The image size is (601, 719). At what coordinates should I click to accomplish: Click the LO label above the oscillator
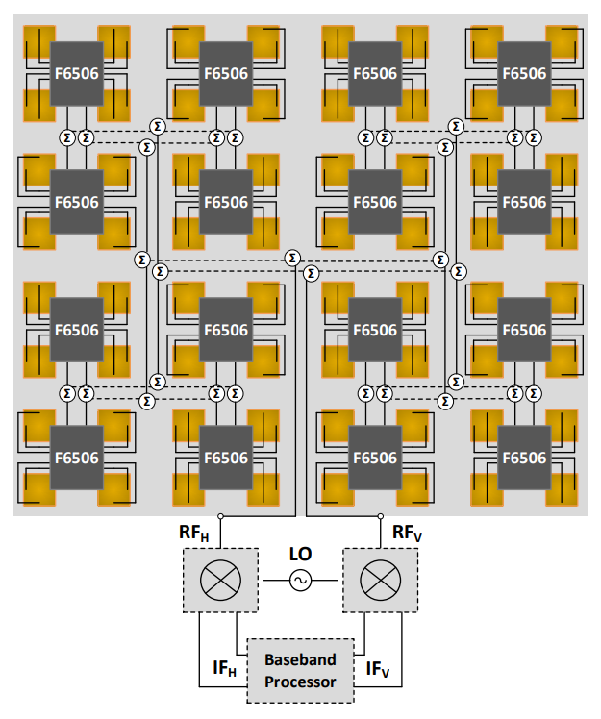coord(300,556)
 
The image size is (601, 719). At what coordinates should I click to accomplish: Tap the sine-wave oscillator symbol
coord(300,581)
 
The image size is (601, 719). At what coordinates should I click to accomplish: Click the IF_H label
coord(224,665)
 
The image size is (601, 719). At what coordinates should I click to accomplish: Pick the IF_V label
coord(377,665)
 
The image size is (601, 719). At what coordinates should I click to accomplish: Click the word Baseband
coord(301,659)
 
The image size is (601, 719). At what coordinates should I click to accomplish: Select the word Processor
coord(301,682)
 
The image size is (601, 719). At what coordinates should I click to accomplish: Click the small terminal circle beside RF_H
coord(220,516)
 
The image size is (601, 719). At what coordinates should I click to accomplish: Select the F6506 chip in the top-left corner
coord(76,73)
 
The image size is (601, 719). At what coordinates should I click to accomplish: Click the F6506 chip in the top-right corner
coord(524,73)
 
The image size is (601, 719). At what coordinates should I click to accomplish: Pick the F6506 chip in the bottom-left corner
coord(76,459)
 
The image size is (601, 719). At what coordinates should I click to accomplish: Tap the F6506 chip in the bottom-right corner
coord(524,459)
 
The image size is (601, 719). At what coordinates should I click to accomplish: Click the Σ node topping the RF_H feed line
coord(292,258)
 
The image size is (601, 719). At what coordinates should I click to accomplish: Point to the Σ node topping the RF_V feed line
coord(311,275)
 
